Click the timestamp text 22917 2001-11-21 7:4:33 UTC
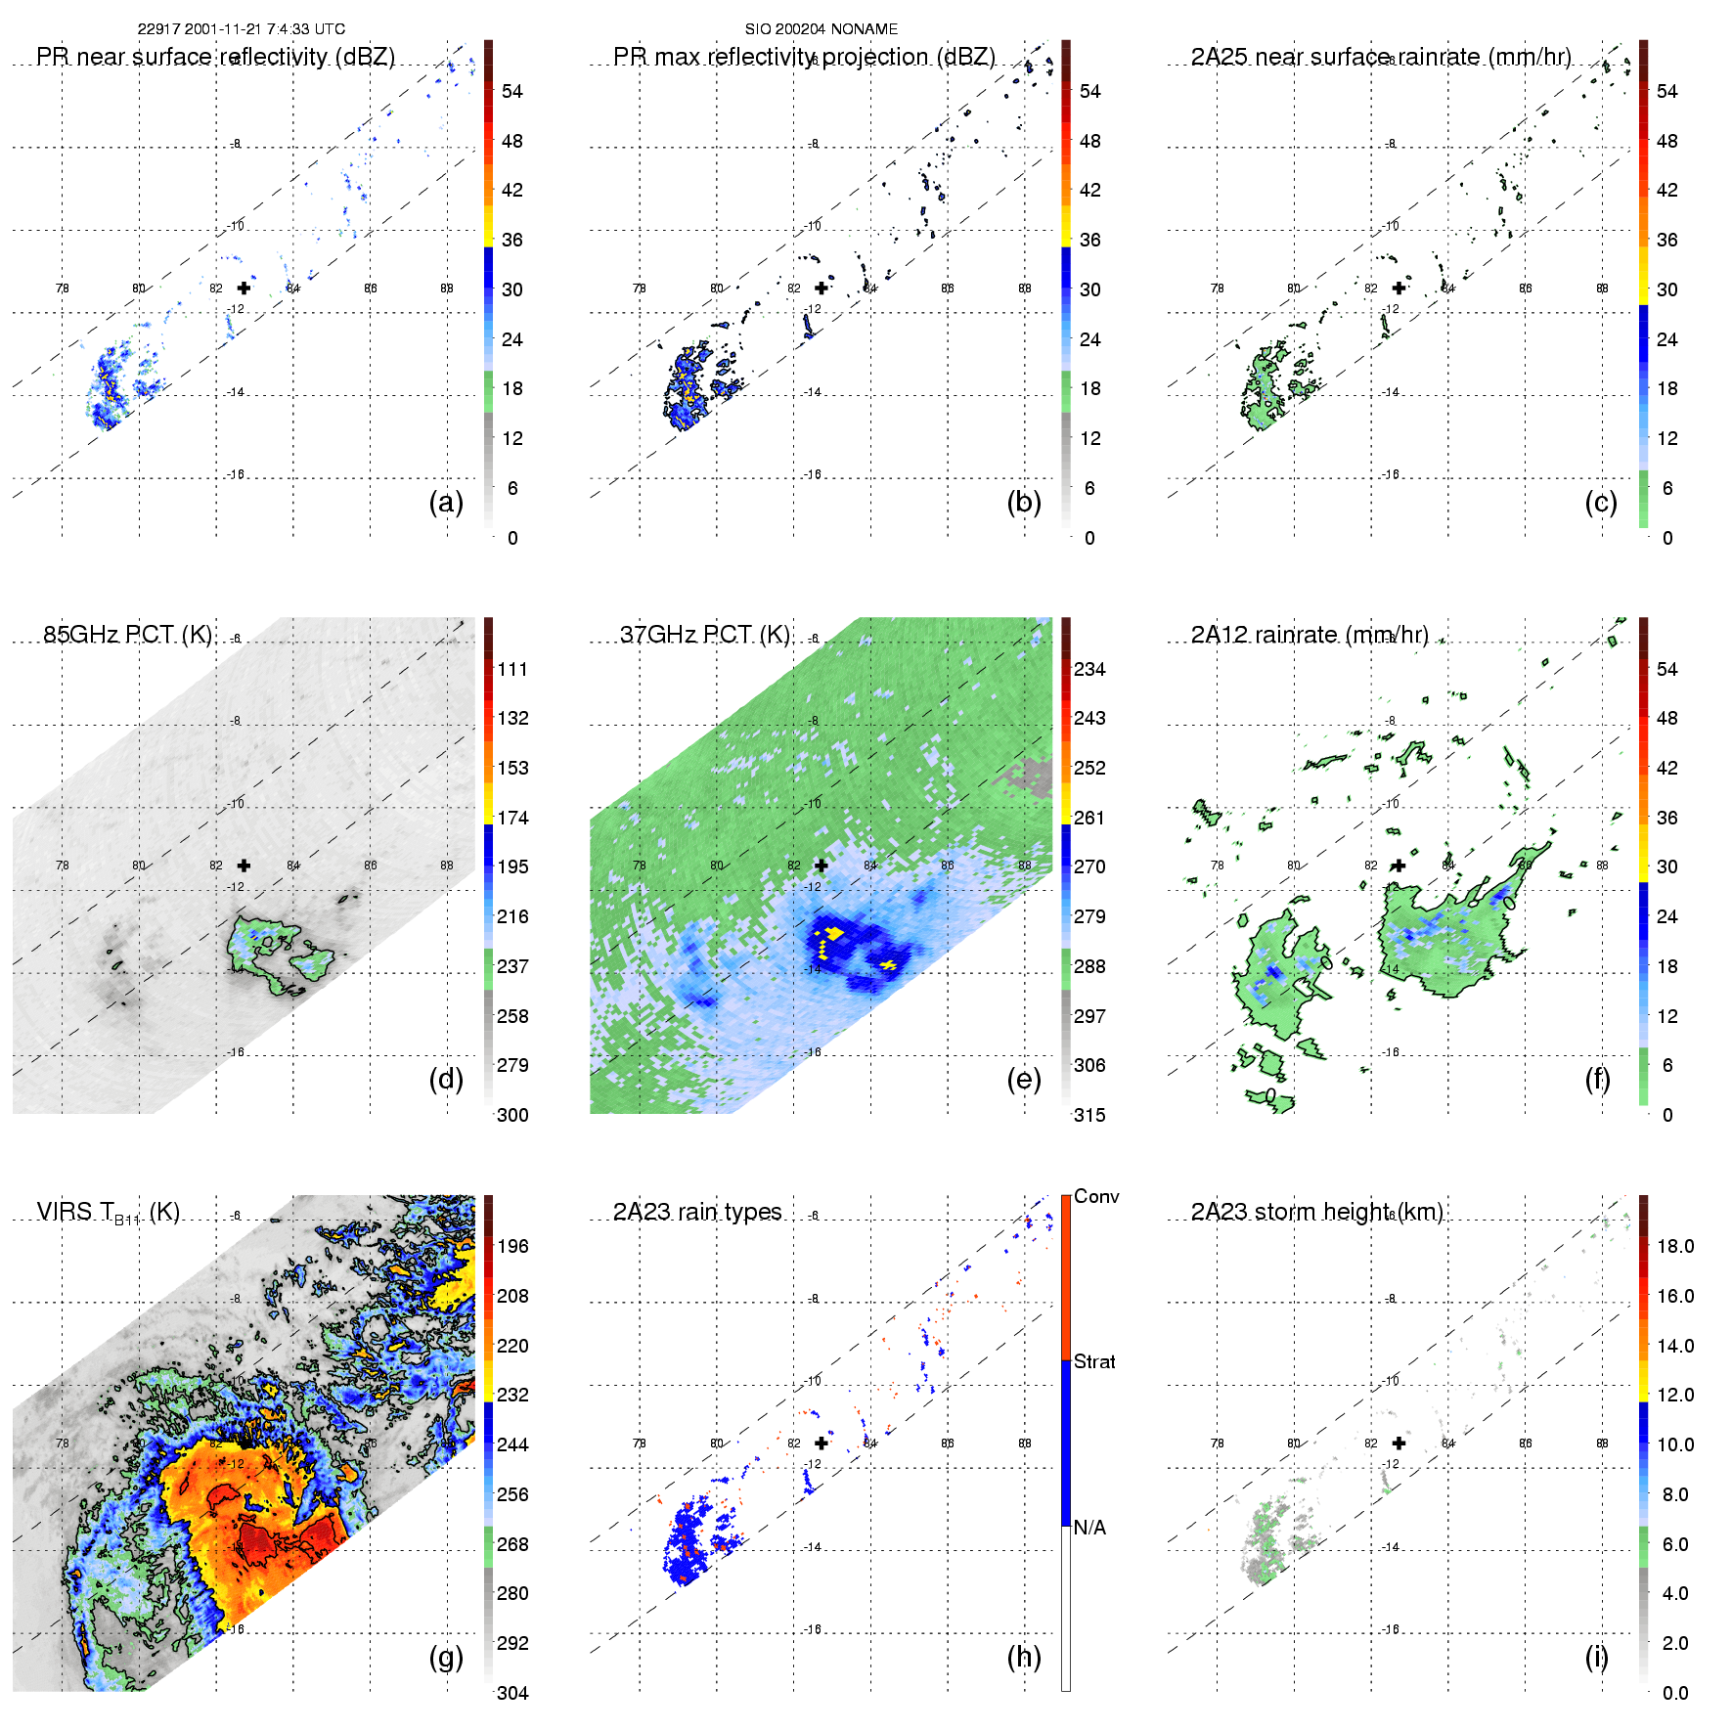pyautogui.click(x=241, y=29)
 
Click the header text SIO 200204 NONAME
pyautogui.click(x=821, y=29)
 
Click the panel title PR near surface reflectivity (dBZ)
pyautogui.click(x=215, y=57)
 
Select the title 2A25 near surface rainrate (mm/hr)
pyautogui.click(x=1380, y=57)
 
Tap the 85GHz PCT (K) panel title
pyautogui.click(x=127, y=635)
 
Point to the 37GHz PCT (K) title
pyautogui.click(x=704, y=635)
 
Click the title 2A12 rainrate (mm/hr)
pyautogui.click(x=1310, y=635)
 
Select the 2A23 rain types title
pyautogui.click(x=697, y=1212)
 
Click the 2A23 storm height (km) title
pyautogui.click(x=1316, y=1212)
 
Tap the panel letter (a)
pyautogui.click(x=446, y=502)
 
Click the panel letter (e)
pyautogui.click(x=1024, y=1079)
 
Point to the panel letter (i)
pyautogui.click(x=1596, y=1657)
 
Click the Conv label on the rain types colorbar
pyautogui.click(x=1096, y=1196)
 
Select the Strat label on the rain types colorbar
pyautogui.click(x=1094, y=1361)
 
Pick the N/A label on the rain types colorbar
pyautogui.click(x=1089, y=1528)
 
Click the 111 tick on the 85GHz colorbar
pyautogui.click(x=512, y=669)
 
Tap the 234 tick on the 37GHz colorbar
pyautogui.click(x=1089, y=669)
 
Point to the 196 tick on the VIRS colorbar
pyautogui.click(x=512, y=1246)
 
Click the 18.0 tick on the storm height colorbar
pyautogui.click(x=1675, y=1246)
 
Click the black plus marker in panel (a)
pyautogui.click(x=244, y=288)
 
